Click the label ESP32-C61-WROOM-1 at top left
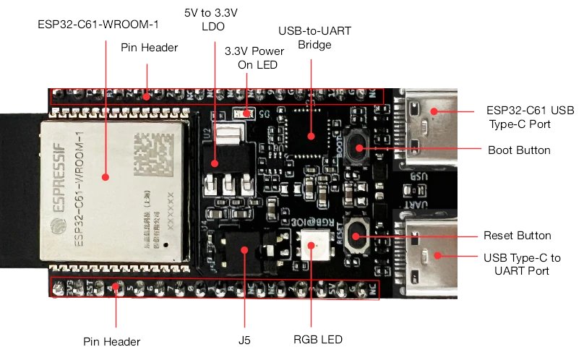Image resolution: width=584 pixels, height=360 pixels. tap(98, 24)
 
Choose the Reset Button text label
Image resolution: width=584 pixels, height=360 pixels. tap(517, 236)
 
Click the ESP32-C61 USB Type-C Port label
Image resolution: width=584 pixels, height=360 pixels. tap(520, 118)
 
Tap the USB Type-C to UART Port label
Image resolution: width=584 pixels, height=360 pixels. tap(521, 264)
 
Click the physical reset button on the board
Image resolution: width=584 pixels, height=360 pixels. tap(357, 236)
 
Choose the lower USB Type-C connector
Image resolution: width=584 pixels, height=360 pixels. tap(426, 254)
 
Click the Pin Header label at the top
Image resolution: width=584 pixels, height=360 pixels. tap(150, 48)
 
